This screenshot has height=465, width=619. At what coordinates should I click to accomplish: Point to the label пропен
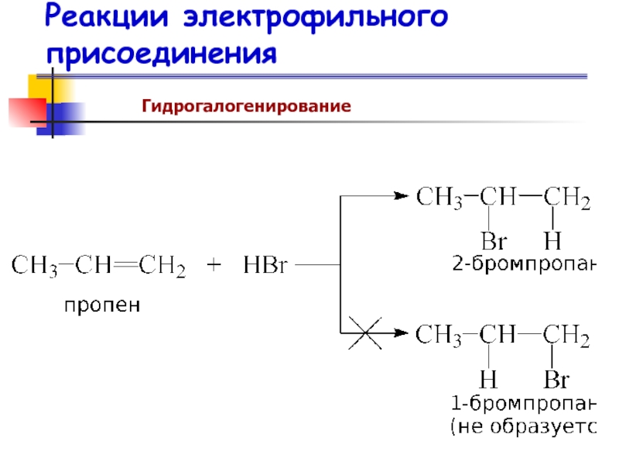(102, 305)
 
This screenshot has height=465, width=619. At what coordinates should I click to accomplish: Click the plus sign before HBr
(214, 267)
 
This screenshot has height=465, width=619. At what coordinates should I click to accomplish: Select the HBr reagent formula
(265, 267)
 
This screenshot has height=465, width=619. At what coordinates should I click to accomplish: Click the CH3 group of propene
(34, 267)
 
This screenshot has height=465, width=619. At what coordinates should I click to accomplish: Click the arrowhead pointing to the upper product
(400, 195)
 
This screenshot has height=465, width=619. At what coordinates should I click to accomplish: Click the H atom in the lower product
(488, 380)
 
